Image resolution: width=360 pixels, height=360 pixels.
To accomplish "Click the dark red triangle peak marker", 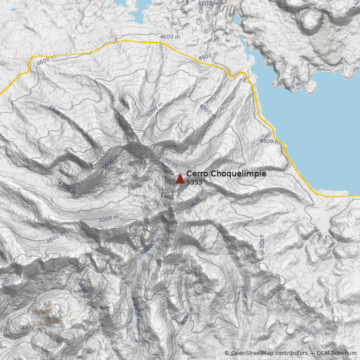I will [x=180, y=179].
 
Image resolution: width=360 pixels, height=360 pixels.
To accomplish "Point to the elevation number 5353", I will [x=194, y=183].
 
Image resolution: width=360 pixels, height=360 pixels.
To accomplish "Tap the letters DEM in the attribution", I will [x=324, y=353].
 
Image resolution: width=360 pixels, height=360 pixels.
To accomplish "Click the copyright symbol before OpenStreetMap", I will [x=227, y=353].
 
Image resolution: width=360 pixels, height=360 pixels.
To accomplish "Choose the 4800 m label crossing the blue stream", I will [x=152, y=245].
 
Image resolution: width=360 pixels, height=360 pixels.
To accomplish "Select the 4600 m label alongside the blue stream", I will [x=136, y=313].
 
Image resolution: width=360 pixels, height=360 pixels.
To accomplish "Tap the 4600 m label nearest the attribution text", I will [x=308, y=332].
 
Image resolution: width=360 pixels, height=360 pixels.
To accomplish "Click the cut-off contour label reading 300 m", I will [x=7, y=279].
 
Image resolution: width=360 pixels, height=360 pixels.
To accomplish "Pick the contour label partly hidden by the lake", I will [x=292, y=86].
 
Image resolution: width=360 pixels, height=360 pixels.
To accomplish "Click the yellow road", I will [x=135, y=41].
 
